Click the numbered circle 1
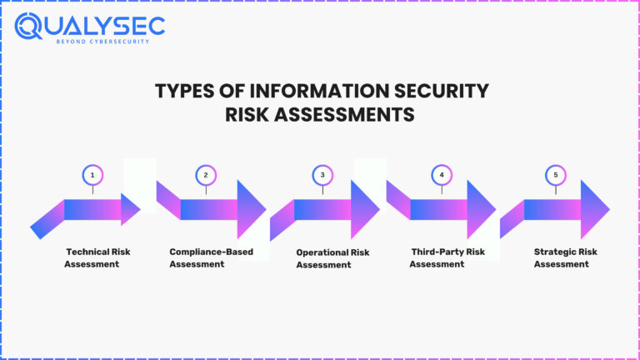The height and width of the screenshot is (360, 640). click(92, 175)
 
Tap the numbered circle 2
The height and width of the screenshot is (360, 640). click(206, 175)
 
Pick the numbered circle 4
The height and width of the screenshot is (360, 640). click(441, 175)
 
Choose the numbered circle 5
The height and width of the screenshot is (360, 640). click(554, 175)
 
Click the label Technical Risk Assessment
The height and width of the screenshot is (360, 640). click(97, 257)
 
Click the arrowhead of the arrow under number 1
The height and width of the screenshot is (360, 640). click(130, 209)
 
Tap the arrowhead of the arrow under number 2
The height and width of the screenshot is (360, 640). click(250, 209)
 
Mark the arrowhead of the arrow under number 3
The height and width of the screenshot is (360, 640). click(364, 209)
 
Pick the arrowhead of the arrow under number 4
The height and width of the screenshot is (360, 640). click(480, 209)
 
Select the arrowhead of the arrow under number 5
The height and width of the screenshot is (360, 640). click(594, 209)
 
